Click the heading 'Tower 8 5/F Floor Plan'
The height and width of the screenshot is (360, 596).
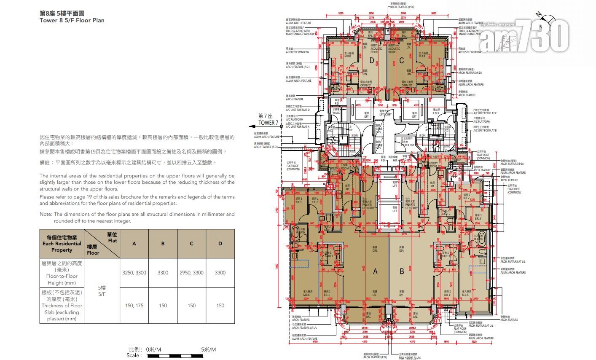[72, 20]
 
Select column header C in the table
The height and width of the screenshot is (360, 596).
[191, 244]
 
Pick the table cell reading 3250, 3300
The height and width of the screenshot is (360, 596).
[134, 273]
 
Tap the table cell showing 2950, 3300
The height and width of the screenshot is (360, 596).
[191, 273]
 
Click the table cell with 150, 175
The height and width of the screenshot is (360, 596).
[134, 306]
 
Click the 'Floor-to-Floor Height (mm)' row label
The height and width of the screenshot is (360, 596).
[62, 273]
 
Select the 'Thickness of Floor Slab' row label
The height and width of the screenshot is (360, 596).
[62, 306]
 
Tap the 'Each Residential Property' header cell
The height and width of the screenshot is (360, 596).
[62, 244]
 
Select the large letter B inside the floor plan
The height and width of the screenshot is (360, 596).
[401, 272]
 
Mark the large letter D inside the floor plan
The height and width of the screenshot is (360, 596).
[372, 61]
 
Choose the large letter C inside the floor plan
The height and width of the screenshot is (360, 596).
[401, 61]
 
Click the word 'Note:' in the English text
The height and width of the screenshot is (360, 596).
[46, 214]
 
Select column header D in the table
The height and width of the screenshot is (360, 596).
[220, 244]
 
